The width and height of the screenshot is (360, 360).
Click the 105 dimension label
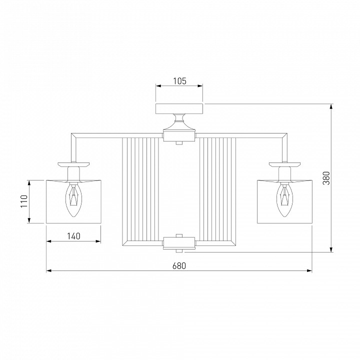click(x=179, y=81)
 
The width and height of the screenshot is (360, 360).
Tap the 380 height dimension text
click(x=326, y=178)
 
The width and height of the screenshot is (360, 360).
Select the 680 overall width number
click(x=179, y=266)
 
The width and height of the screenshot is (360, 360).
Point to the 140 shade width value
click(x=73, y=236)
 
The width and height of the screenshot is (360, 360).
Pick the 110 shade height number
click(x=24, y=201)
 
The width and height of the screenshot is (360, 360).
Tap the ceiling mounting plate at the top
click(x=179, y=109)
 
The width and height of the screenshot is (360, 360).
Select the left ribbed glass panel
click(x=140, y=189)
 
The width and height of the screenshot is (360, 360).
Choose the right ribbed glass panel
click(x=218, y=189)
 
